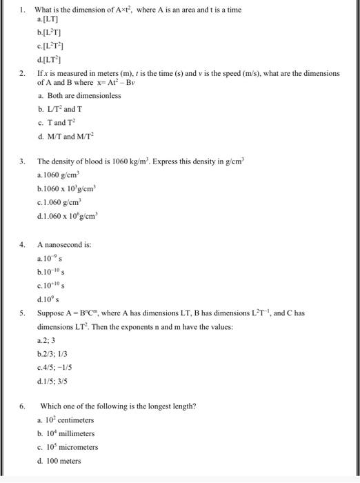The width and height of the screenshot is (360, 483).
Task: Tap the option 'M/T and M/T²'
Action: pyautogui.click(x=71, y=136)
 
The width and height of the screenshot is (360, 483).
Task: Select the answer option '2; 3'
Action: pyautogui.click(x=48, y=340)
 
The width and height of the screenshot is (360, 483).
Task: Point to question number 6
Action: pyautogui.click(x=23, y=406)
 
